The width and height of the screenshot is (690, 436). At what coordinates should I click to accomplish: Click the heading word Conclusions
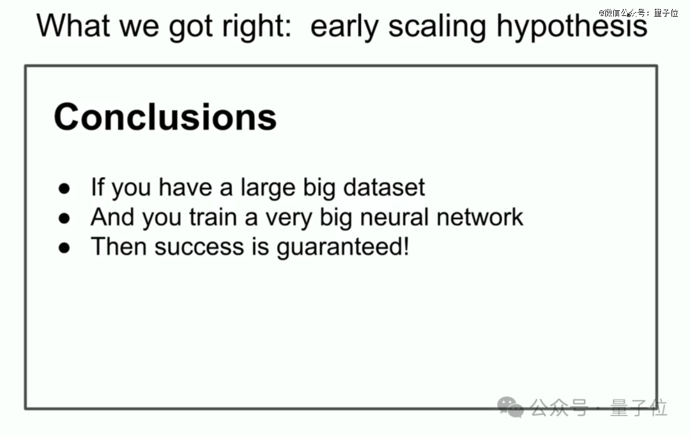[165, 117]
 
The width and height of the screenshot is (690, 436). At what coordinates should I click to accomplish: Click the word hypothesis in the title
[572, 26]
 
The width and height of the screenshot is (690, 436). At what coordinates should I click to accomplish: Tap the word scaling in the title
[438, 26]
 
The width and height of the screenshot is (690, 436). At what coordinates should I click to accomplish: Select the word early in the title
[344, 27]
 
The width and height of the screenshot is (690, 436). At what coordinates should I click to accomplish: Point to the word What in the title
[73, 25]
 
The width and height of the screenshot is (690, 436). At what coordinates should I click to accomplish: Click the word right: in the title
[257, 26]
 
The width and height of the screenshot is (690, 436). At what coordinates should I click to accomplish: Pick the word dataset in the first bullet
[384, 187]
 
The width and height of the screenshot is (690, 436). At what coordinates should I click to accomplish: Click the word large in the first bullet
[268, 188]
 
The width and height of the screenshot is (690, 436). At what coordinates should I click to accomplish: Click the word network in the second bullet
[480, 217]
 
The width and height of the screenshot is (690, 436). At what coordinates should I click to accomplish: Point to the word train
[213, 217]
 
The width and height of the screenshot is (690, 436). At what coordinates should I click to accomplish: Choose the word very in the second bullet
[289, 219]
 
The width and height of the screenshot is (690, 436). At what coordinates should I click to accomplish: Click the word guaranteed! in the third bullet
[343, 247]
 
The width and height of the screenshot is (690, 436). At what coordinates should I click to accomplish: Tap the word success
[199, 247]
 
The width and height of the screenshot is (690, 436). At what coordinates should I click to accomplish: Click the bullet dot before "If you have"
[65, 189]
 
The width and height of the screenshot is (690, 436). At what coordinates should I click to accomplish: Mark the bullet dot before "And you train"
[65, 218]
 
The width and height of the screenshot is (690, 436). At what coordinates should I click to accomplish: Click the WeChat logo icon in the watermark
[510, 407]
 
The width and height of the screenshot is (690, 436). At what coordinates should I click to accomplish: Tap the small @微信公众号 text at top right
[638, 13]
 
